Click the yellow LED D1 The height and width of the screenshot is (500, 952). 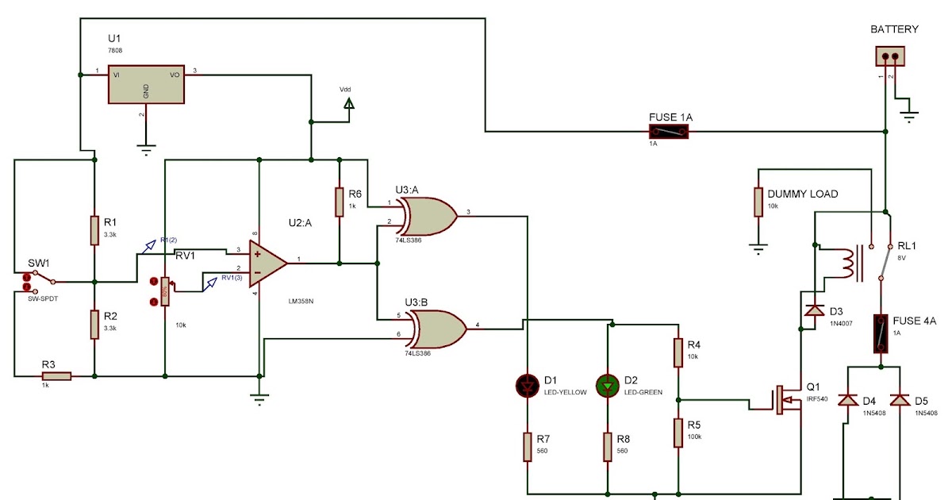click(x=527, y=387)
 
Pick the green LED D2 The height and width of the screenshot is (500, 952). click(x=607, y=387)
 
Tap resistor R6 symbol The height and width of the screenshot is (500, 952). click(x=339, y=202)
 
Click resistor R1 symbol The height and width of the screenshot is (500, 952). click(x=94, y=230)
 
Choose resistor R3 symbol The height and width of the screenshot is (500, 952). click(x=56, y=376)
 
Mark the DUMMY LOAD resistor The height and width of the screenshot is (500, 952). click(x=758, y=202)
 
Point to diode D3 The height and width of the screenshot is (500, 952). click(x=814, y=310)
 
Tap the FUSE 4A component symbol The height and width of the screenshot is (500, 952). click(x=880, y=333)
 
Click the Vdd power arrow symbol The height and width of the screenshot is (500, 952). click(x=347, y=103)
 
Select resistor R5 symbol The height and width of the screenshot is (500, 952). click(x=678, y=433)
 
